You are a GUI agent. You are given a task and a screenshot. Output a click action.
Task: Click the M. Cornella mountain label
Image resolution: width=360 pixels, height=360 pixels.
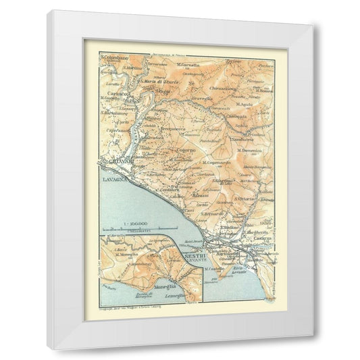tap(190, 65)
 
